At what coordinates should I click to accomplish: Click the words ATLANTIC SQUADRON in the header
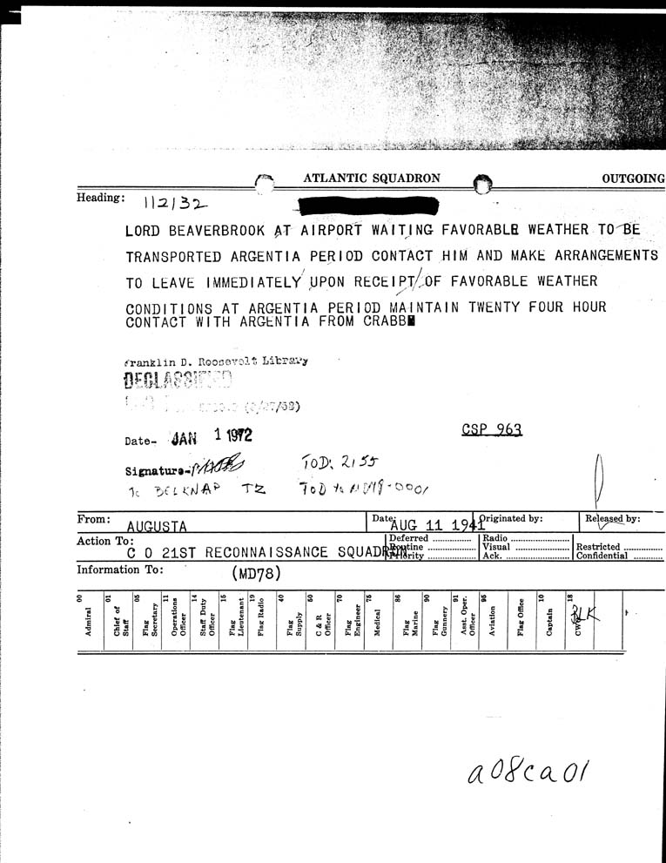[372, 179]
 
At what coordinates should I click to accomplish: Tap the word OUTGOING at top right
[633, 179]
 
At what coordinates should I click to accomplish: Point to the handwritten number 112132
[176, 205]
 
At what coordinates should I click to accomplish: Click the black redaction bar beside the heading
[367, 206]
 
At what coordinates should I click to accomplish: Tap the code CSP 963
[492, 429]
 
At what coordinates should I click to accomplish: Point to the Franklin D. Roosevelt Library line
[216, 361]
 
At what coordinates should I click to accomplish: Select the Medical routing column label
[376, 623]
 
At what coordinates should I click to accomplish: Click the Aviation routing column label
[492, 622]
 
